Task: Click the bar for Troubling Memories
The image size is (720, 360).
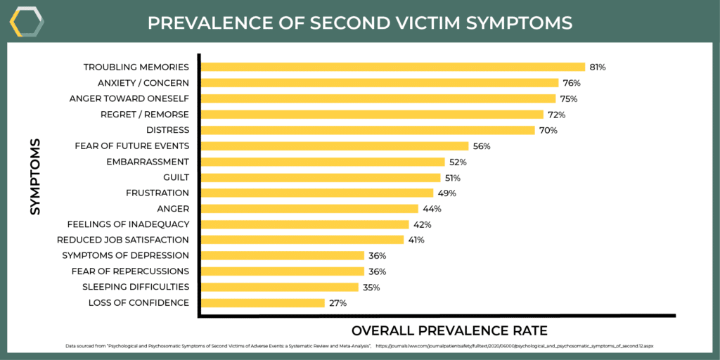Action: (393, 67)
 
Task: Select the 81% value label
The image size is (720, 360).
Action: (598, 67)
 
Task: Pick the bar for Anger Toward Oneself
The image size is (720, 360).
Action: (378, 98)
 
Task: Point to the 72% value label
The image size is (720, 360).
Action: (557, 115)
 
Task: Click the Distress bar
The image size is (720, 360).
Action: (368, 130)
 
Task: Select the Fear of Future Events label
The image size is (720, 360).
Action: (132, 146)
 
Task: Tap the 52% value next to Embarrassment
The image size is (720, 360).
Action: (458, 162)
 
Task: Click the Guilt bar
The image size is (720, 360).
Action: (321, 177)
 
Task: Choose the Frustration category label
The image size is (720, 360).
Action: (157, 193)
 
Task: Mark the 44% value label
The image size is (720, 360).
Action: (431, 209)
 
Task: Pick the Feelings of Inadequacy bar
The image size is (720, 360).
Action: (305, 224)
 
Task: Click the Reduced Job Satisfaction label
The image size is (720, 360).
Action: (123, 240)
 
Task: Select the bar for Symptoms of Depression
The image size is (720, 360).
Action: (283, 255)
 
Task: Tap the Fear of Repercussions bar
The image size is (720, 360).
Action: (283, 271)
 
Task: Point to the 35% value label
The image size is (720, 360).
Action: (371, 287)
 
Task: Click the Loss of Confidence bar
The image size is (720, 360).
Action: (263, 303)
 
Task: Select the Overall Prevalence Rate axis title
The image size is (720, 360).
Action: (449, 330)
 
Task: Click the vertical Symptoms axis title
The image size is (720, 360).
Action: (35, 176)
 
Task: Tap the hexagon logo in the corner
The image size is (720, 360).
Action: (27, 22)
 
